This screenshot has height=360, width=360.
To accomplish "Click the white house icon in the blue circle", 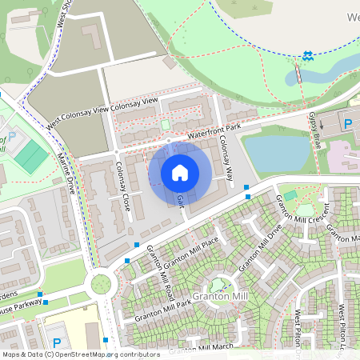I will click(x=180, y=172).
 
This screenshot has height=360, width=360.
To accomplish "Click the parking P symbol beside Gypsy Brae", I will click(x=348, y=124).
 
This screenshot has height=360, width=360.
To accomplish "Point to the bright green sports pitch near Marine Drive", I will click(x=33, y=157).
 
